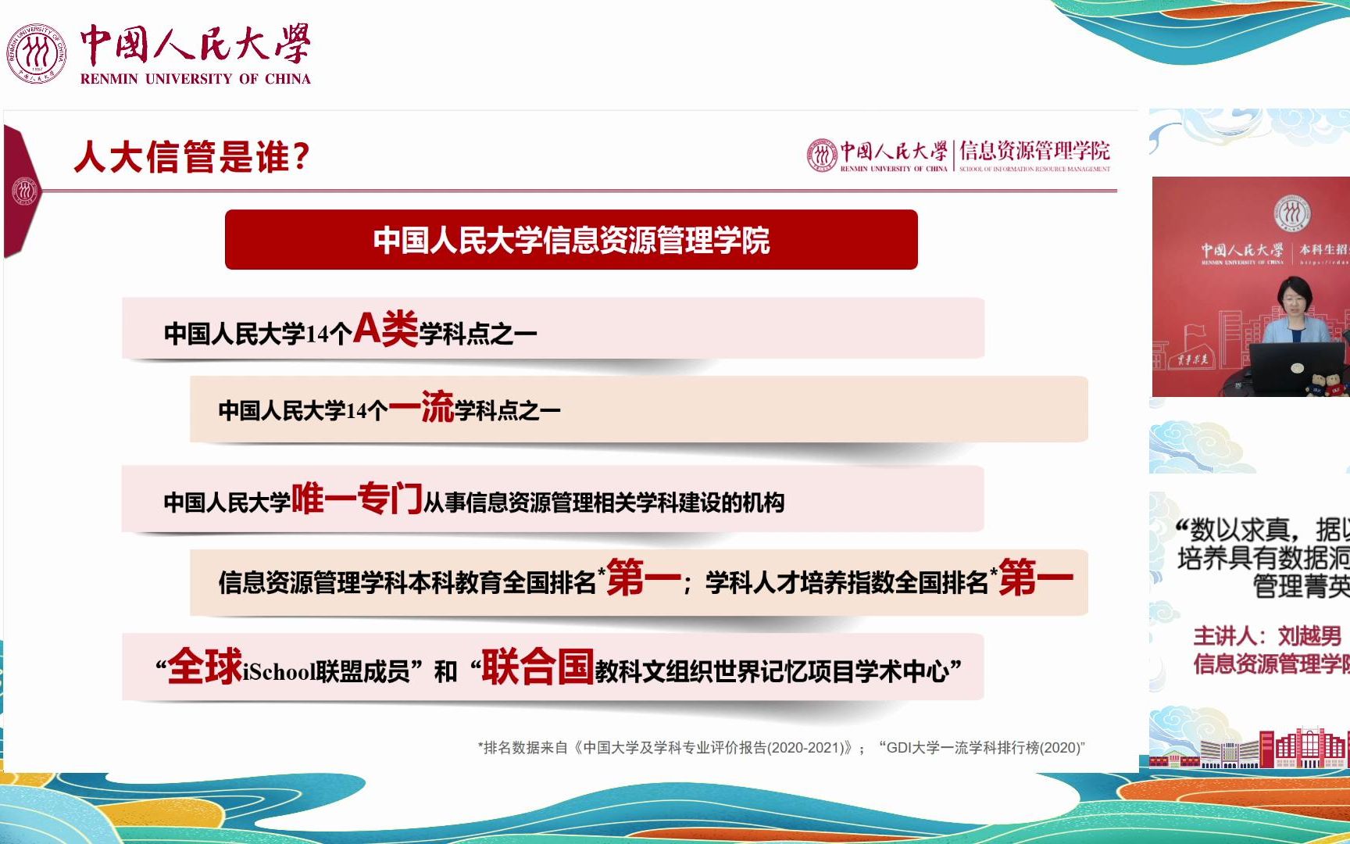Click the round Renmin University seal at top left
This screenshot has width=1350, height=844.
click(x=36, y=53)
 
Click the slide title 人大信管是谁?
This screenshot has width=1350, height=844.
click(x=191, y=156)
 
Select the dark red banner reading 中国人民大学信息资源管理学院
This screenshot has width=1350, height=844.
click(x=570, y=240)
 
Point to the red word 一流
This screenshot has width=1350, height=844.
click(x=421, y=406)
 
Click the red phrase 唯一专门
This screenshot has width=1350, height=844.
click(x=356, y=499)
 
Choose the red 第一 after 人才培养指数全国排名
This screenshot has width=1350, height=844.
click(x=1035, y=578)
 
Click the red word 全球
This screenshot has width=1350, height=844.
click(x=205, y=667)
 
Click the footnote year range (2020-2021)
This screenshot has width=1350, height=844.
click(x=809, y=748)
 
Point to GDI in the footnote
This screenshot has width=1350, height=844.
click(x=899, y=748)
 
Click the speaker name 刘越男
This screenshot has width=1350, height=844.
click(x=1309, y=636)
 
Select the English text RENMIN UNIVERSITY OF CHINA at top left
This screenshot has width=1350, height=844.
click(x=195, y=79)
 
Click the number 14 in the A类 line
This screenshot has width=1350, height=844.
click(x=318, y=334)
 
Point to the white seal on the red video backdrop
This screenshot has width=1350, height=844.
click(x=1292, y=213)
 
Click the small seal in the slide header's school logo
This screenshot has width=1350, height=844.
click(x=821, y=156)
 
